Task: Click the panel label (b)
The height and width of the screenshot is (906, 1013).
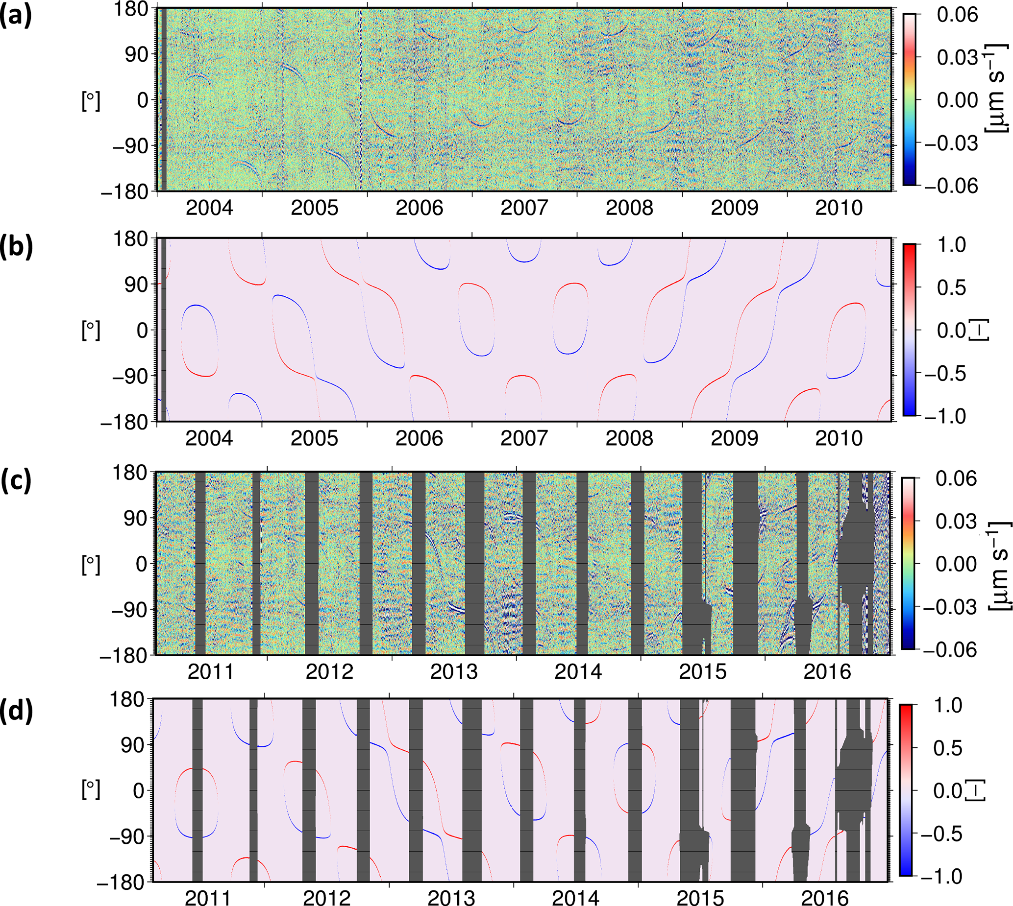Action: tap(16, 247)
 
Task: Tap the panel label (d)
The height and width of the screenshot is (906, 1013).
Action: tap(16, 712)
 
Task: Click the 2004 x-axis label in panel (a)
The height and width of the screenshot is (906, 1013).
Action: tap(209, 207)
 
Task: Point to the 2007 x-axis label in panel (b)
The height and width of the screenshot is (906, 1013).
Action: tap(524, 438)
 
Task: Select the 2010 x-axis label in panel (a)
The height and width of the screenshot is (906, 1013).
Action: tap(839, 207)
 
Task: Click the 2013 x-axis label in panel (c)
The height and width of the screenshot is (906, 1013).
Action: tap(454, 671)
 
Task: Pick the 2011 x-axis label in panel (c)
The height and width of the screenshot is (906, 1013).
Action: tap(211, 671)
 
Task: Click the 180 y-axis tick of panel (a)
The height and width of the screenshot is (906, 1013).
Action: tap(131, 9)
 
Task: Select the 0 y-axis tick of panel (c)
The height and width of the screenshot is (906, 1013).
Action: tap(142, 564)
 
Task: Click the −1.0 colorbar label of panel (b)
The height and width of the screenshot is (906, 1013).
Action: tap(945, 416)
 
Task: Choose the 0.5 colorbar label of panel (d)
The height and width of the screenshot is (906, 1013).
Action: tap(948, 748)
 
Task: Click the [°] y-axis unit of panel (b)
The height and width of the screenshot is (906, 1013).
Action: tap(91, 330)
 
